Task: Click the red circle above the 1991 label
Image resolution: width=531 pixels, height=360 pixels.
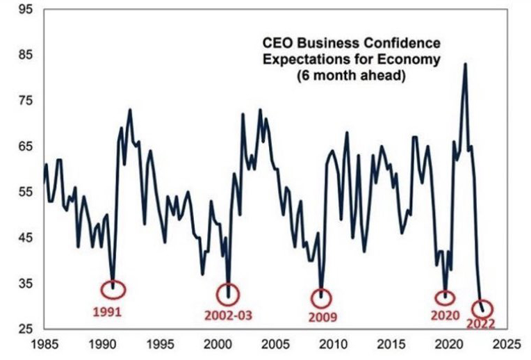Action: click(x=115, y=288)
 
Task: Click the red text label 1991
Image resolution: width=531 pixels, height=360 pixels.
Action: click(x=108, y=311)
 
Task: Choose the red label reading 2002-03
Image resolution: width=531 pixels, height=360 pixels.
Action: click(x=229, y=315)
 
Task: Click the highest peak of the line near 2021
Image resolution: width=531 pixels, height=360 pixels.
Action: click(x=465, y=64)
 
